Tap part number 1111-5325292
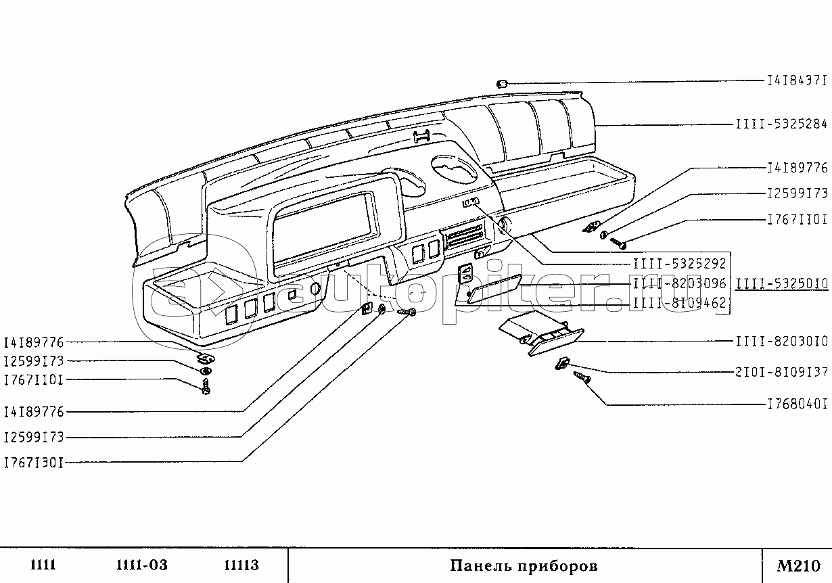point(680,265)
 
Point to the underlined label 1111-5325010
point(782,285)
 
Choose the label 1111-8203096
point(680,285)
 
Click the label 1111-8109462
point(680,304)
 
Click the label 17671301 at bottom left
point(34,463)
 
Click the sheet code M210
point(798,565)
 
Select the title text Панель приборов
point(524,565)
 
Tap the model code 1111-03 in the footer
point(141,565)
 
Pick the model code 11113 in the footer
point(241,565)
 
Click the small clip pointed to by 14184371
point(502,83)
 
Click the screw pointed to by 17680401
point(581,378)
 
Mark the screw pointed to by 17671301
point(405,312)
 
